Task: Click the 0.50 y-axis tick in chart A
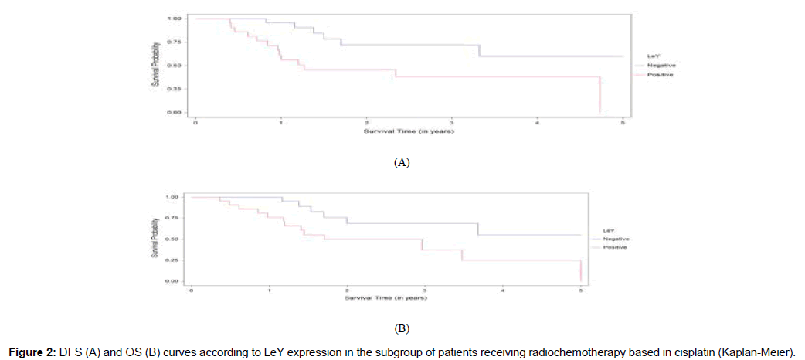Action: pos(174,65)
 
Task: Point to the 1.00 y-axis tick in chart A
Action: pos(174,17)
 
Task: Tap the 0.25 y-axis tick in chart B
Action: pos(172,260)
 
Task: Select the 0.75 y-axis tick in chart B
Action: pos(172,218)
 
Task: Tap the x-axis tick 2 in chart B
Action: pos(347,290)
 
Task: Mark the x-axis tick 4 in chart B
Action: pos(503,290)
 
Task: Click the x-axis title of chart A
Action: pos(409,132)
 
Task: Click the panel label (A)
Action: pos(402,163)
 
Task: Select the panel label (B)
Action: pos(402,330)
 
